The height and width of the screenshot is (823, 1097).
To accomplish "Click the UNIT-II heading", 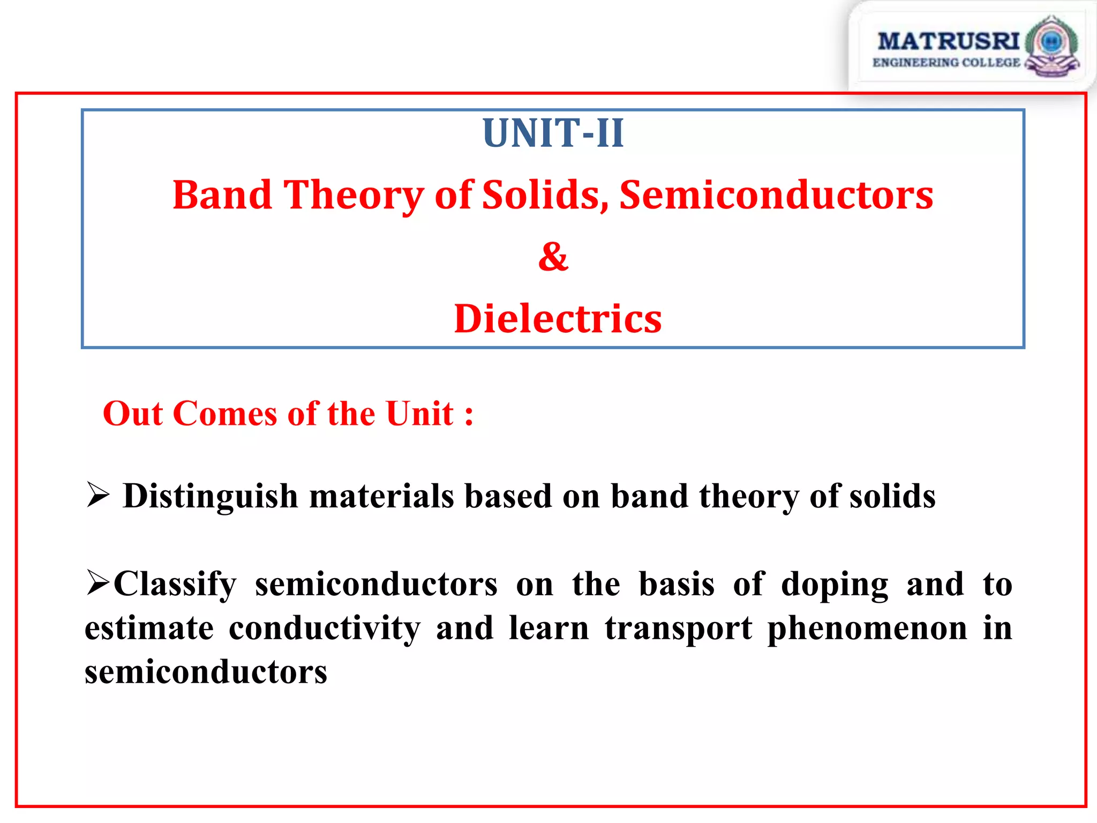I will pyautogui.click(x=553, y=133).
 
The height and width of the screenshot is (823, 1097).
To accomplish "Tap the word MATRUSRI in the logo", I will pyautogui.click(x=948, y=41).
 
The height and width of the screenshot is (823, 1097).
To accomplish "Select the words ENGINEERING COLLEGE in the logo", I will pyautogui.click(x=946, y=63).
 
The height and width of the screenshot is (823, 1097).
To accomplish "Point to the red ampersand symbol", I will pyautogui.click(x=553, y=257).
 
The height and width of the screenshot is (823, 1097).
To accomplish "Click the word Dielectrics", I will pyautogui.click(x=557, y=319).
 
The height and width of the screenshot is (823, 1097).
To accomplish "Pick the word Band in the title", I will pyautogui.click(x=222, y=195).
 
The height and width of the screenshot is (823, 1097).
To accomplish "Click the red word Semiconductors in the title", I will pyautogui.click(x=776, y=195).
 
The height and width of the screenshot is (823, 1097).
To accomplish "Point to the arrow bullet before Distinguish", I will pyautogui.click(x=98, y=495).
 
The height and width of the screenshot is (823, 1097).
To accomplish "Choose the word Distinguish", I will pyautogui.click(x=210, y=496).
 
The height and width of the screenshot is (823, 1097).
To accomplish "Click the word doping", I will pyautogui.click(x=834, y=585).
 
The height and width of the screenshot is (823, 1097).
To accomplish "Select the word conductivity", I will pyautogui.click(x=325, y=629).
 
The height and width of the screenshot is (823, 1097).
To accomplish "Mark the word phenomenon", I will pyautogui.click(x=867, y=629).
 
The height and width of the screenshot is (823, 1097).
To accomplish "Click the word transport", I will pyautogui.click(x=678, y=629).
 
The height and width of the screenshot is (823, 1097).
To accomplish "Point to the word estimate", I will pyautogui.click(x=149, y=629).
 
